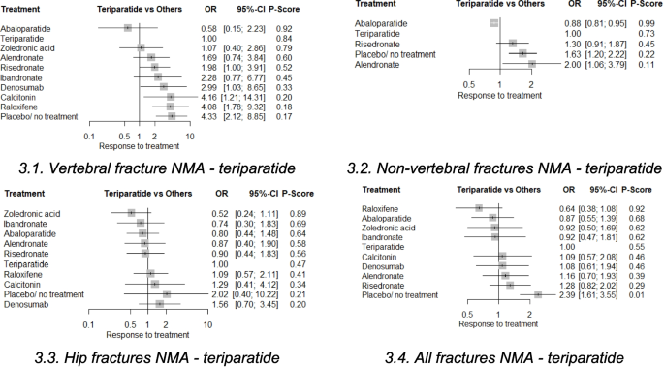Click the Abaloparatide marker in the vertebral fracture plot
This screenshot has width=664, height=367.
(128, 28)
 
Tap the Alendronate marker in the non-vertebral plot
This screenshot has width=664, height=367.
(532, 64)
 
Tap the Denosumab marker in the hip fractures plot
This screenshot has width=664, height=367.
(160, 303)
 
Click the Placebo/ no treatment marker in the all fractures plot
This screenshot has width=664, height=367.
(537, 293)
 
